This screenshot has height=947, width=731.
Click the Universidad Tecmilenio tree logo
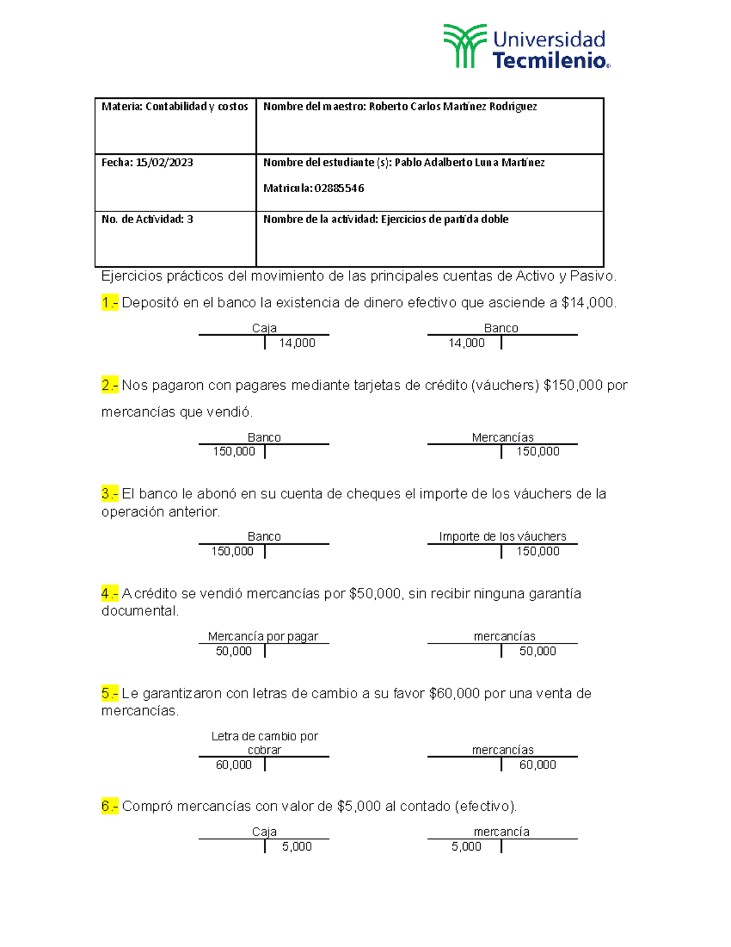(465, 46)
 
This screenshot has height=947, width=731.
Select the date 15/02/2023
(164, 163)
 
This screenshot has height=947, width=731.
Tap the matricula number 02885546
(339, 188)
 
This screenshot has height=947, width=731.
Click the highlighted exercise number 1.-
(110, 302)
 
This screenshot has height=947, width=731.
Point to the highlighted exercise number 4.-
(110, 593)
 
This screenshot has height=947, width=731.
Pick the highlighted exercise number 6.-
(110, 806)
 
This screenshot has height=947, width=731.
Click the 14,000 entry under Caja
(297, 343)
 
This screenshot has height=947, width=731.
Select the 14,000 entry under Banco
(467, 343)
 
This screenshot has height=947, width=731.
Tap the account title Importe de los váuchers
(503, 537)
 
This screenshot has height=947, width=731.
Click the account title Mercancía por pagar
(263, 637)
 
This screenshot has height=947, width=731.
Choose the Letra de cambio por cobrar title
(264, 743)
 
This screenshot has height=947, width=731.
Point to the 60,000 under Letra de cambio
(234, 765)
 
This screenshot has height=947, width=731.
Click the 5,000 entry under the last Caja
(297, 846)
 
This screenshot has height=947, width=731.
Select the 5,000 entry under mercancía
(467, 846)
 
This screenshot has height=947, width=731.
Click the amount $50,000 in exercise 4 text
(375, 593)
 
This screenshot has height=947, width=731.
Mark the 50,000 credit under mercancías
(538, 651)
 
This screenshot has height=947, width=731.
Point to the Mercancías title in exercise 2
(503, 437)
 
